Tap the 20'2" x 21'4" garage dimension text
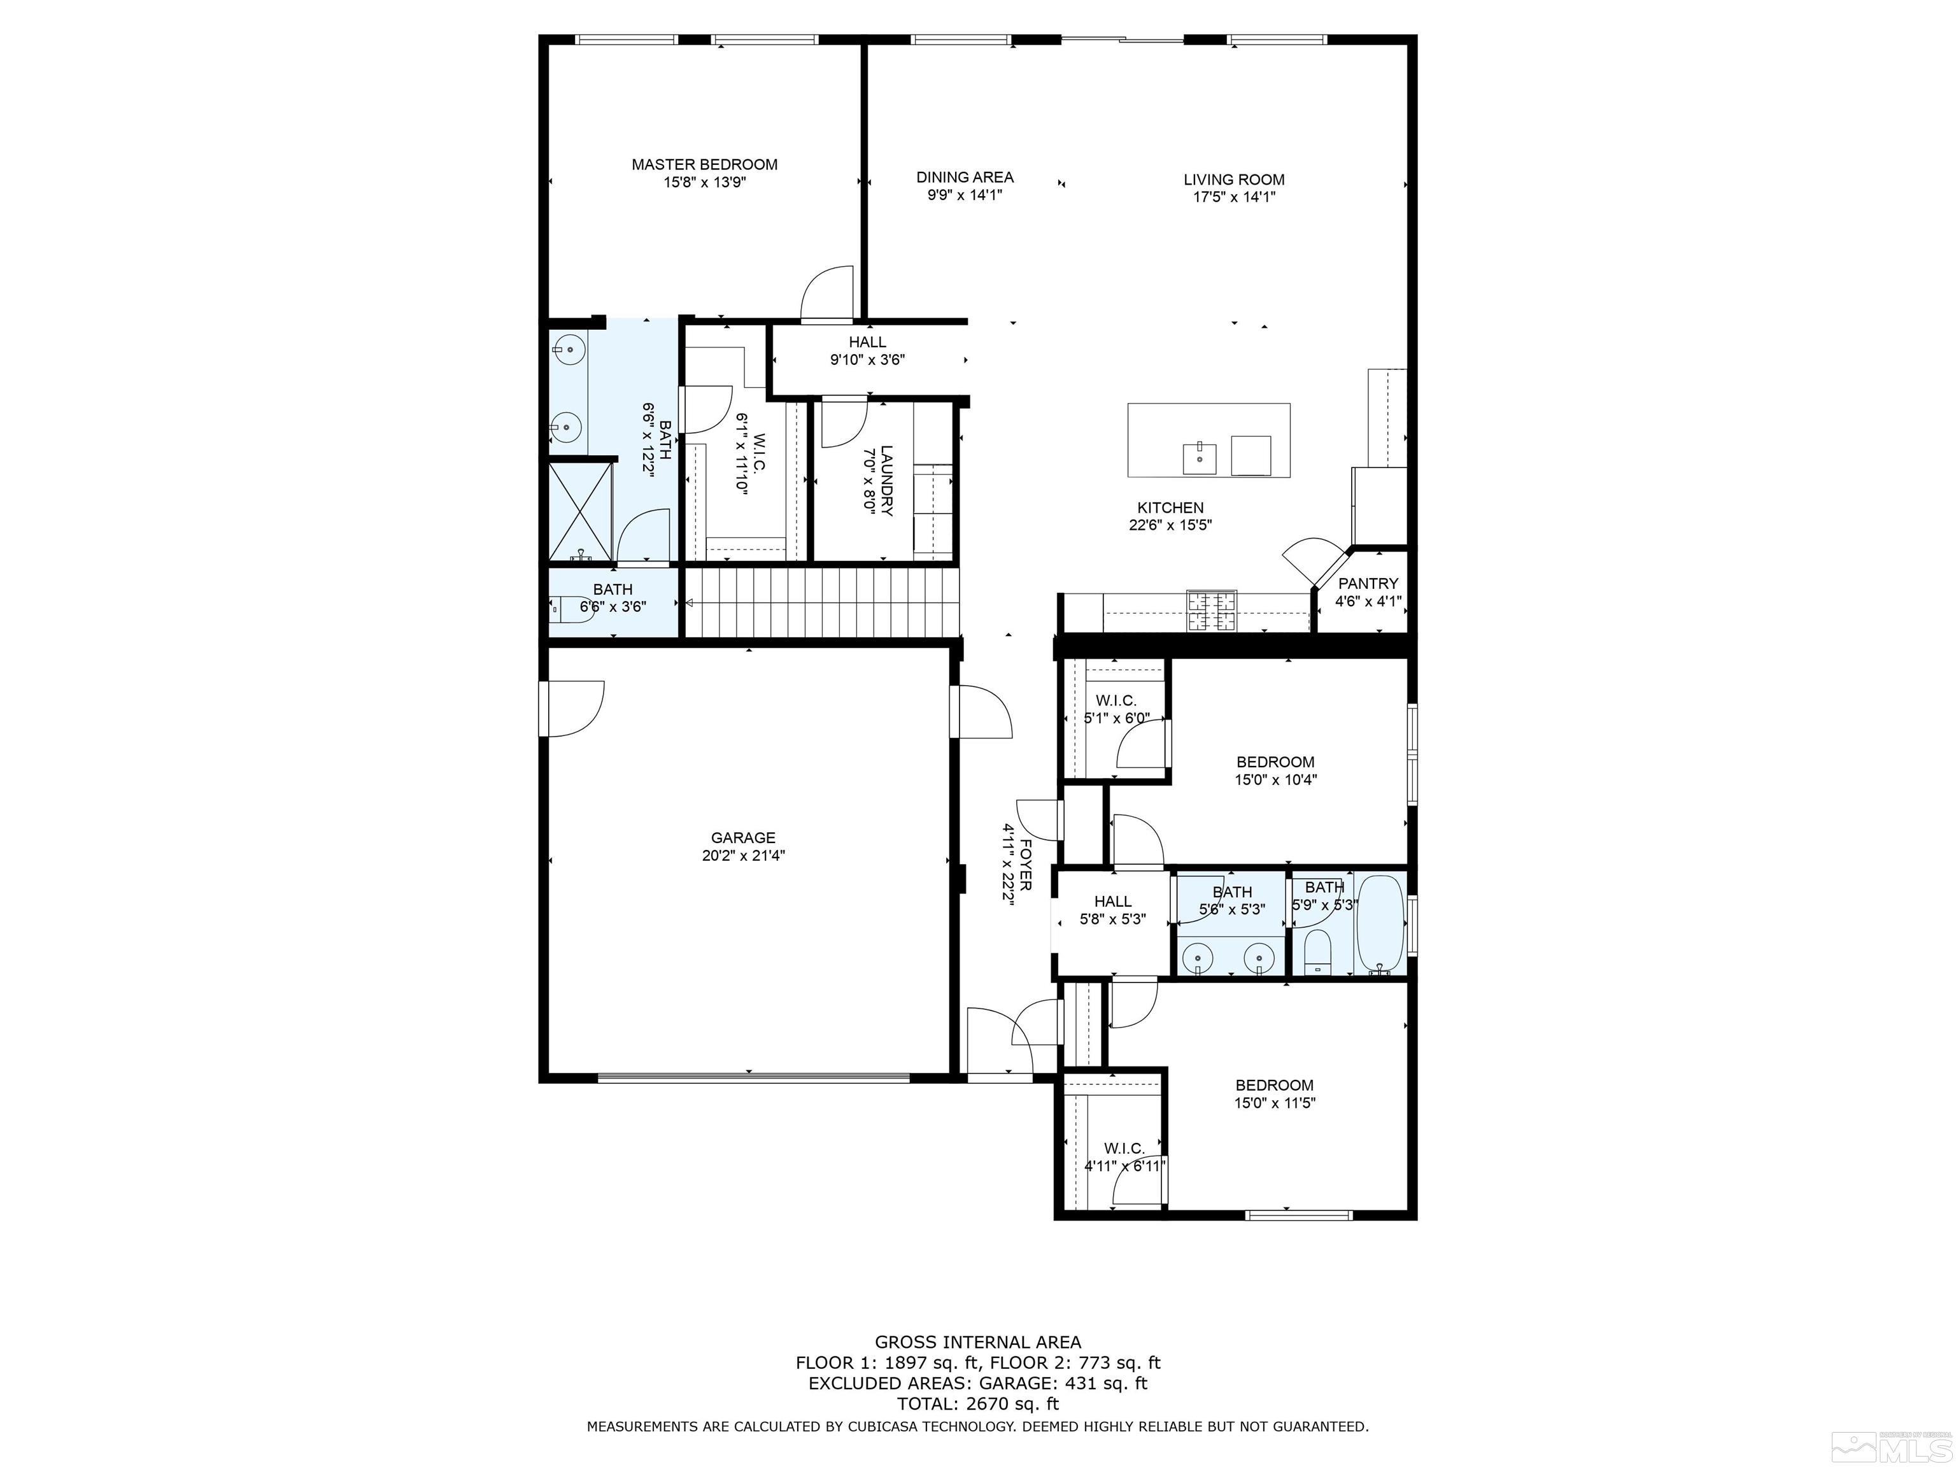[743, 856]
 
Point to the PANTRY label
[1368, 584]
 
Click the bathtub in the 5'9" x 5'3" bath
[1380, 924]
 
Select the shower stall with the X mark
[580, 511]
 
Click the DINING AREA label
[965, 178]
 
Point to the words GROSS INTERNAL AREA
[977, 1342]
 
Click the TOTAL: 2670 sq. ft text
[977, 1403]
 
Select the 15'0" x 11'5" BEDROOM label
[1274, 1085]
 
